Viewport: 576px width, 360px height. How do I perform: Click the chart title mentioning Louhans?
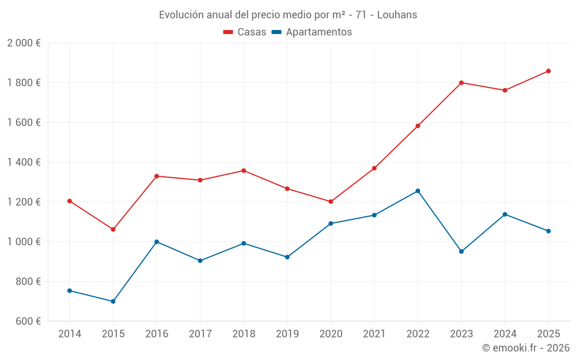[288, 15]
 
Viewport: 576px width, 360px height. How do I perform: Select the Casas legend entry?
[245, 32]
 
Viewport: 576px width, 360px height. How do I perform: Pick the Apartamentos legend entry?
[312, 32]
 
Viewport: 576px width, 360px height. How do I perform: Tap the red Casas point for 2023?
[461, 82]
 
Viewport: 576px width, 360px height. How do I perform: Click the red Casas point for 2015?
[113, 229]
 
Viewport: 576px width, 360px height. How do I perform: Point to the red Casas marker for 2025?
[548, 71]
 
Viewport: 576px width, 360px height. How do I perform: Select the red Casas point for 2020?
[331, 202]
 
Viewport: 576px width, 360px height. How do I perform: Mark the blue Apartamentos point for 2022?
[418, 191]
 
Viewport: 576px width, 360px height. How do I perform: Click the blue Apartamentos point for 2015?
[113, 301]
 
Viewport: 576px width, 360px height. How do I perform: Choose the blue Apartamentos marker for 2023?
[461, 251]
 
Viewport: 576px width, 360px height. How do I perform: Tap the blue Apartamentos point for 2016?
[157, 242]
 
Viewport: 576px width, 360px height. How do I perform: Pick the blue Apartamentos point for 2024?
[505, 214]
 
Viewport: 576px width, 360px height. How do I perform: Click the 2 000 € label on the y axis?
[24, 43]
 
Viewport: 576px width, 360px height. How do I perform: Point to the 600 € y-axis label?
[28, 321]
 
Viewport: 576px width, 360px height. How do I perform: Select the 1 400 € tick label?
[24, 162]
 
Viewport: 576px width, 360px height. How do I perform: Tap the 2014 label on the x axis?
[70, 334]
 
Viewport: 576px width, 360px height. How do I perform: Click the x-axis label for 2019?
[287, 334]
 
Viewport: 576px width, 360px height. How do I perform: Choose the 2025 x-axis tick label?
[548, 334]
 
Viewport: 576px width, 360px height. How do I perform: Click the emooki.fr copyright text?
[526, 348]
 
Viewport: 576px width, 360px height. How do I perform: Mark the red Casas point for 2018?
[244, 170]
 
